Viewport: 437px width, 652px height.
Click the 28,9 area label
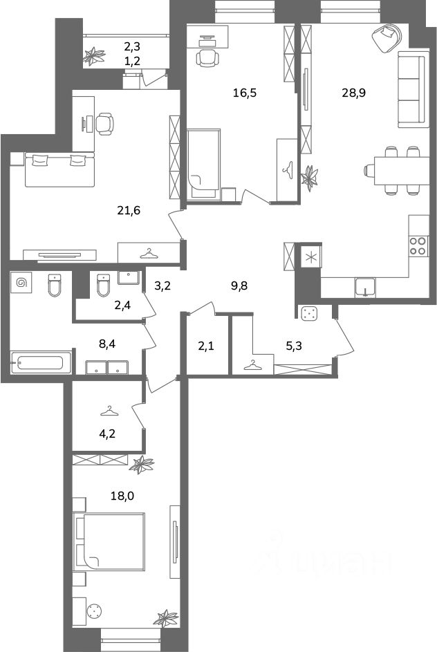[353, 93]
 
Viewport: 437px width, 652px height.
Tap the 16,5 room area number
[245, 93]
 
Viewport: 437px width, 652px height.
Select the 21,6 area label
[129, 210]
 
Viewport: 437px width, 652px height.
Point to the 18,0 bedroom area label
[122, 496]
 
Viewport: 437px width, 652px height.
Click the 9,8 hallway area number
[239, 286]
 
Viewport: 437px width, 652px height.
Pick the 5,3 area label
[294, 346]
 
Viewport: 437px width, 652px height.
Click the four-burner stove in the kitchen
[418, 245]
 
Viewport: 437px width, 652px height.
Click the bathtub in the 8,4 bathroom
[37, 363]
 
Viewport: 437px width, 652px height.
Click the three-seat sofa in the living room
[413, 89]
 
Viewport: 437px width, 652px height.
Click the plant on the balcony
[93, 57]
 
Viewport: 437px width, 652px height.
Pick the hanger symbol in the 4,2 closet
[109, 411]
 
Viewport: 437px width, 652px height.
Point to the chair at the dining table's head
[369, 169]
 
